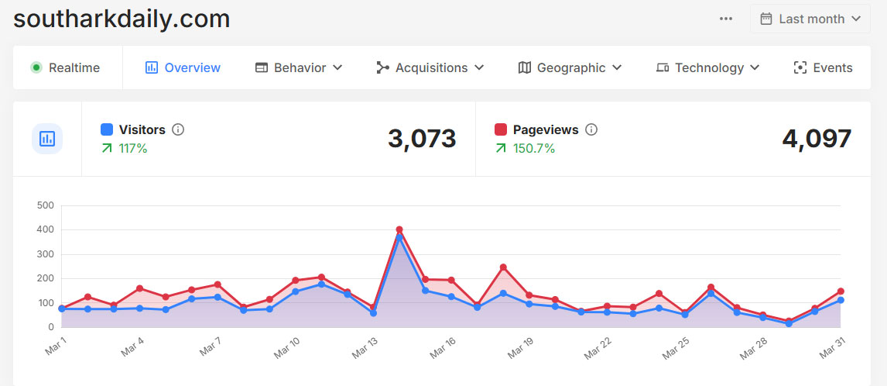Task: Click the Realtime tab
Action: tap(66, 67)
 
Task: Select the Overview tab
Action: tap(183, 67)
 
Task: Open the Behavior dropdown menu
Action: tap(299, 67)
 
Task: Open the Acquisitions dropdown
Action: tap(430, 67)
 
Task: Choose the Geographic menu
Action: tap(570, 67)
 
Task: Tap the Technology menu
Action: tap(707, 67)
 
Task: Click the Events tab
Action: tap(823, 67)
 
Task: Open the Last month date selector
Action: tap(810, 19)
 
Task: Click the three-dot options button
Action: tap(725, 19)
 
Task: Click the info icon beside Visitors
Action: tap(178, 129)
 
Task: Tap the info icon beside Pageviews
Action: tap(591, 129)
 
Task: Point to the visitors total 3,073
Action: tap(422, 139)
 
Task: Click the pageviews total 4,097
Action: tap(817, 139)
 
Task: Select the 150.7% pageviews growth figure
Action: tap(534, 148)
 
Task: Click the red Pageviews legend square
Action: tap(500, 129)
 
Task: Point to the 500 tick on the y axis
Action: tap(45, 205)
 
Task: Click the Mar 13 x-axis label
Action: tap(364, 347)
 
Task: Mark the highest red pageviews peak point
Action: tap(399, 229)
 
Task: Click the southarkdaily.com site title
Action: tap(122, 19)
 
